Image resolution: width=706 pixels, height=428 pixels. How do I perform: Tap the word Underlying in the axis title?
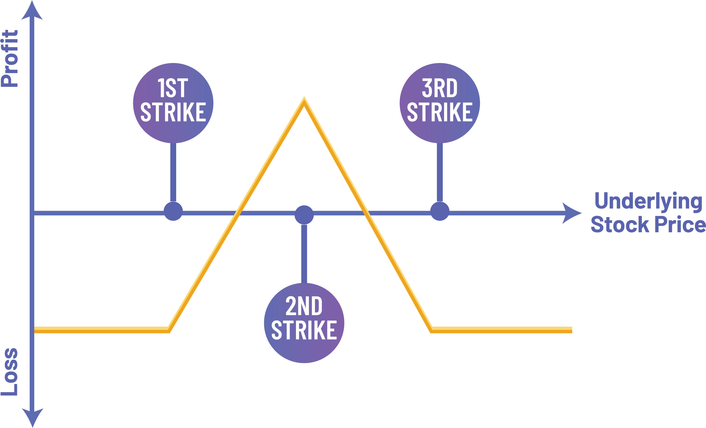pos(648,202)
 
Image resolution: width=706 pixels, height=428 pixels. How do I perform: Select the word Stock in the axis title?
pos(619,225)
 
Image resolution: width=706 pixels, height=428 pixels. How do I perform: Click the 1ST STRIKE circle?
pos(173,103)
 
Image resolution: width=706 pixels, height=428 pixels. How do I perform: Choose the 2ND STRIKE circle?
pos(304,323)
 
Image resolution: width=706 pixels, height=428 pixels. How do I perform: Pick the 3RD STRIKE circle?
pos(439,103)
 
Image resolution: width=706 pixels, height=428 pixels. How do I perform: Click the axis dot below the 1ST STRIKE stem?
pos(173,211)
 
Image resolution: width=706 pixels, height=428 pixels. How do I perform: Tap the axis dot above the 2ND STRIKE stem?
pos(304,215)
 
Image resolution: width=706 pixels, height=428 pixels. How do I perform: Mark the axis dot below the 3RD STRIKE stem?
pos(439,211)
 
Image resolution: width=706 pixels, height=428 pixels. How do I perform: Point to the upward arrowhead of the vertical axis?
pos(32,11)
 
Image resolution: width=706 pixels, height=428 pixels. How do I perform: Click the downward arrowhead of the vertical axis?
pos(32,417)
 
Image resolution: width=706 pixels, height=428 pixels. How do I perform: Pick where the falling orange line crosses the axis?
pos(366,213)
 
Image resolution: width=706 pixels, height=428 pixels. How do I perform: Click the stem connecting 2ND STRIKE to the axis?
pos(304,253)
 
